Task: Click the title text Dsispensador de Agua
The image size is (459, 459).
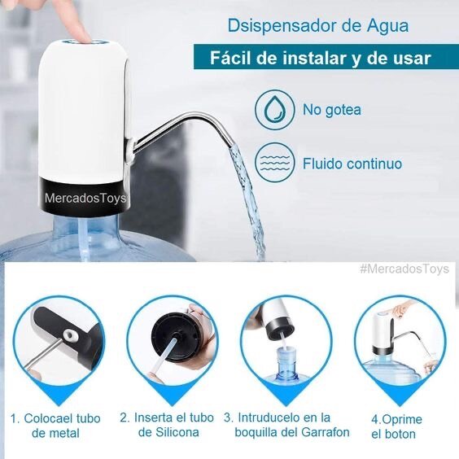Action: [318, 26]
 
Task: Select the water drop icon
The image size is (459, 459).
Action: [274, 110]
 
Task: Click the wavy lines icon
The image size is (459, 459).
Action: [274, 163]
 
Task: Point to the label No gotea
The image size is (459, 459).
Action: [332, 110]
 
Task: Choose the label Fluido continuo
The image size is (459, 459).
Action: [352, 164]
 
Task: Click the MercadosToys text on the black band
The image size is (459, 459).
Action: [85, 199]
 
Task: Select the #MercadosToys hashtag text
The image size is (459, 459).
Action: [404, 269]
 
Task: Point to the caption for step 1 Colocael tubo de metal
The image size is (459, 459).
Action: [55, 426]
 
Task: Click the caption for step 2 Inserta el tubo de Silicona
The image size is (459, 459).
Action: [167, 425]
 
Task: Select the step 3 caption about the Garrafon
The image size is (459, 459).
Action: [286, 425]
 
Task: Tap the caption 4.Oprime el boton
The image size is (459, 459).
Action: [396, 426]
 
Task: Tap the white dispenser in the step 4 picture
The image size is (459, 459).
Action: [382, 333]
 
